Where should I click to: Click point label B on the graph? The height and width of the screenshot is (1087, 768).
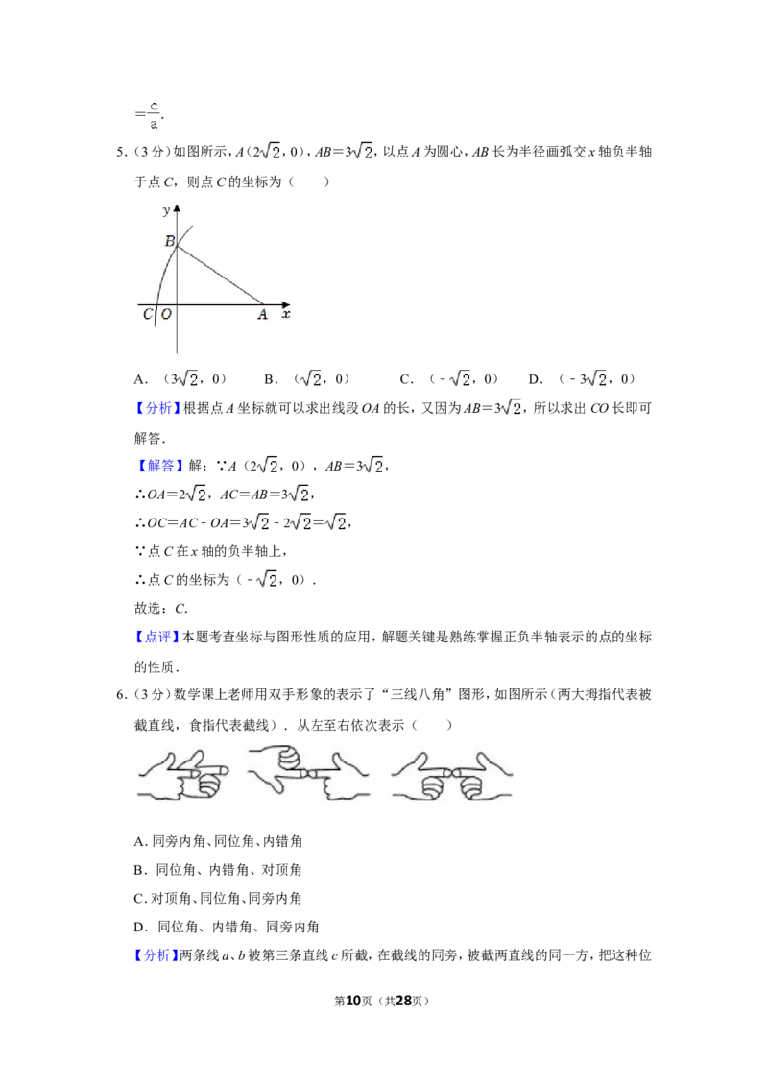click(x=170, y=241)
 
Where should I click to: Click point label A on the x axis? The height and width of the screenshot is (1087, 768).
click(x=262, y=314)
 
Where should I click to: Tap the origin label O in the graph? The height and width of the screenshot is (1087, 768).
click(x=166, y=314)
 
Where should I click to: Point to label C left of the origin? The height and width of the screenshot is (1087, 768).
click(x=148, y=314)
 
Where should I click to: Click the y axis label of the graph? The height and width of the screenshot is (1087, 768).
click(x=166, y=210)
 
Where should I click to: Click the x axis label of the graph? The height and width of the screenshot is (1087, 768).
click(x=286, y=314)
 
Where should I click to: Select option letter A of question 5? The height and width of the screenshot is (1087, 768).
click(x=139, y=379)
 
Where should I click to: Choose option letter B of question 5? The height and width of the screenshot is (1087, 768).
click(x=270, y=379)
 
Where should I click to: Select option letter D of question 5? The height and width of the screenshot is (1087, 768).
click(x=535, y=379)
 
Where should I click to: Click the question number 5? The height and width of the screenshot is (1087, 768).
click(x=121, y=152)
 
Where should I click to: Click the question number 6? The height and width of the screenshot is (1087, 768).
click(x=121, y=694)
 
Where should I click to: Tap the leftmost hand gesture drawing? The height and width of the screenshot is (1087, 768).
click(x=183, y=774)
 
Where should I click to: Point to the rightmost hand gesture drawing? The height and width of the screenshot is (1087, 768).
click(x=452, y=774)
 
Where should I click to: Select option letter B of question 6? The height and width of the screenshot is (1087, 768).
click(x=139, y=870)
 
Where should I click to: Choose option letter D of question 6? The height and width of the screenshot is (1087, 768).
click(x=139, y=927)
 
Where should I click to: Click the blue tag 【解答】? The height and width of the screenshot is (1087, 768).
click(x=158, y=466)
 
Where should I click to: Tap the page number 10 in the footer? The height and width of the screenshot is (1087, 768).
click(x=353, y=1001)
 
